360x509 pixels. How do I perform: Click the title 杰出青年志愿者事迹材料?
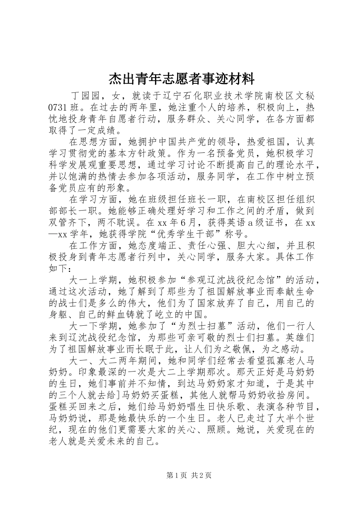coord(182,79)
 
